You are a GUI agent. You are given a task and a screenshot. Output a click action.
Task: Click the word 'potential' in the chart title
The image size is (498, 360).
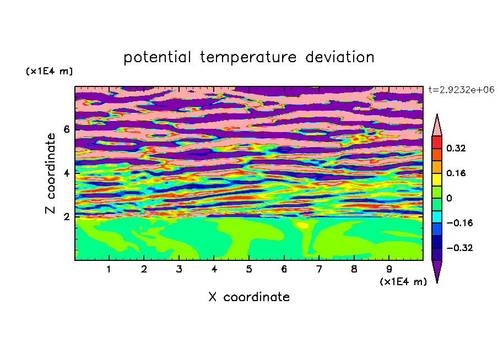(157, 57)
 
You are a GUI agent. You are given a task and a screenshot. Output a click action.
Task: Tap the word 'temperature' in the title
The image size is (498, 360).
(248, 57)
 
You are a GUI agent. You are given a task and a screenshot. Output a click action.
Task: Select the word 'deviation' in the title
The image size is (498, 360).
(340, 57)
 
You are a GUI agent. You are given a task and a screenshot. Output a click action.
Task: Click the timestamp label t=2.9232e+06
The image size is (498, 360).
(461, 90)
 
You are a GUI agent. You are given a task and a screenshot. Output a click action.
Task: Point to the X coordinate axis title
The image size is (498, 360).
(249, 297)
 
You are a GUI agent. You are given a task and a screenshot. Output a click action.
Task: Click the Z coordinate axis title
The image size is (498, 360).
(51, 173)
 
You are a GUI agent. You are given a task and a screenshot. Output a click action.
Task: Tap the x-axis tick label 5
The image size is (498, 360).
(249, 269)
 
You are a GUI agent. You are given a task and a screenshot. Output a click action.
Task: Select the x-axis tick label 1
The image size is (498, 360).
(109, 269)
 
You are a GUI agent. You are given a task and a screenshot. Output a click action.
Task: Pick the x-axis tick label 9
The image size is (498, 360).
(389, 269)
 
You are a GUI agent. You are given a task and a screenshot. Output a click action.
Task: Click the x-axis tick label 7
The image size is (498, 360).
(319, 269)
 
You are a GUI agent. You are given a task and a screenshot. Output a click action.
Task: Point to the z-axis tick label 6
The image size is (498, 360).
(66, 129)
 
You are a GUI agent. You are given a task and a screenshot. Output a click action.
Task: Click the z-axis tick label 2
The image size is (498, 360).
(66, 217)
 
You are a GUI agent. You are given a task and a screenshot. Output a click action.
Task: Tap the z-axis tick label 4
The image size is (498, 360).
(66, 173)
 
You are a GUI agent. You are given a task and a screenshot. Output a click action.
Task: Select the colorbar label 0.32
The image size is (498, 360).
(456, 148)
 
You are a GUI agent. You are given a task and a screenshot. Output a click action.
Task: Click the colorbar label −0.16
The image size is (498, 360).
(459, 223)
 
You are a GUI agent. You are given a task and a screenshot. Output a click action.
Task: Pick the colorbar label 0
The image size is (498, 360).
(449, 198)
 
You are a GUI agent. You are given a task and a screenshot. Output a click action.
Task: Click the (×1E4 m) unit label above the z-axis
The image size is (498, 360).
(49, 71)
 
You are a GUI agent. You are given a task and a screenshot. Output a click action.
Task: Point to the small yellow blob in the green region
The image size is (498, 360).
(302, 225)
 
